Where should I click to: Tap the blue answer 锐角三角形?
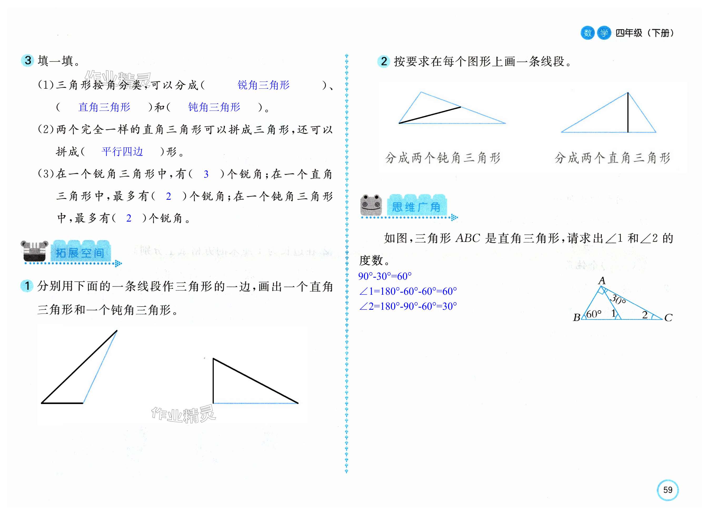click(x=263, y=85)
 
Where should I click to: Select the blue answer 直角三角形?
click(x=104, y=107)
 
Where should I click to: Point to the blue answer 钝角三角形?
click(x=214, y=107)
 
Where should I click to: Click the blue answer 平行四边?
click(x=122, y=152)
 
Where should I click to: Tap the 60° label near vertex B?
click(x=594, y=314)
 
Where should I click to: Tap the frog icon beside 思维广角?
click(x=371, y=205)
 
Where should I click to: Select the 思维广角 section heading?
click(x=416, y=207)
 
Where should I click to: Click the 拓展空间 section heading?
click(x=80, y=253)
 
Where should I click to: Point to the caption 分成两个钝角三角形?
click(x=443, y=158)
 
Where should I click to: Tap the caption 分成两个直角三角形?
click(x=612, y=158)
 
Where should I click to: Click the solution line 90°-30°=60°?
click(x=385, y=276)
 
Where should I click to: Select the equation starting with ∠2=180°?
click(x=408, y=306)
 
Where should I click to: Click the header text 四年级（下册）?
click(x=645, y=33)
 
